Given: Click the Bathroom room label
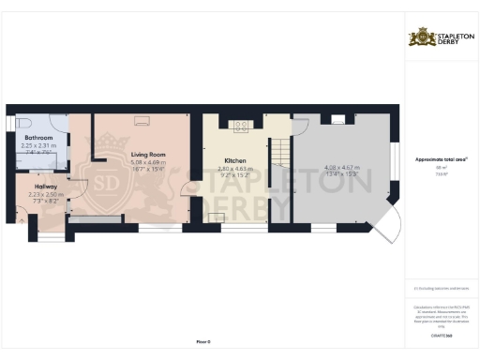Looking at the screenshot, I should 38,138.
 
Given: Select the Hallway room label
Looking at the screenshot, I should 46,187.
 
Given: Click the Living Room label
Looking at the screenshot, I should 147,154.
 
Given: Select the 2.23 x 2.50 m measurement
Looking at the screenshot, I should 46,194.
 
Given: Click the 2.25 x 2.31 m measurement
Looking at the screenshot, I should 38,145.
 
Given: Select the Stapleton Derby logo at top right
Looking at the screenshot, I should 441,37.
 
